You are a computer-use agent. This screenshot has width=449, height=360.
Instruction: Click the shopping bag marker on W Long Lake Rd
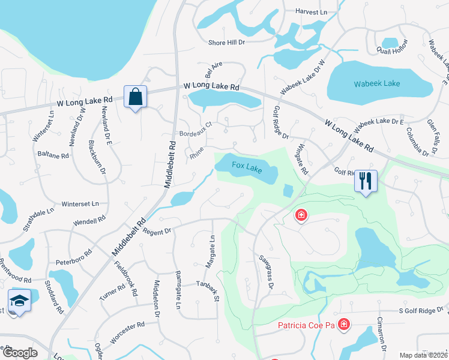coord(135,97)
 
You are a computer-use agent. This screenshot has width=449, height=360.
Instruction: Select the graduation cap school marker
coord(19,301)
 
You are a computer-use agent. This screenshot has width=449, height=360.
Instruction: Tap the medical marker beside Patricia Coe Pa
coord(343,325)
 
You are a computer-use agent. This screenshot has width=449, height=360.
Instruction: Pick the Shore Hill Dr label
coord(227,43)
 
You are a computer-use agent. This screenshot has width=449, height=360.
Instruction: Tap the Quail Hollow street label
coord(391,51)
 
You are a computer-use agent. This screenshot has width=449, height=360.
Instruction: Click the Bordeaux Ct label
coord(196,134)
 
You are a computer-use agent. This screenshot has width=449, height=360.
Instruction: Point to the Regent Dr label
coord(158,230)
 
